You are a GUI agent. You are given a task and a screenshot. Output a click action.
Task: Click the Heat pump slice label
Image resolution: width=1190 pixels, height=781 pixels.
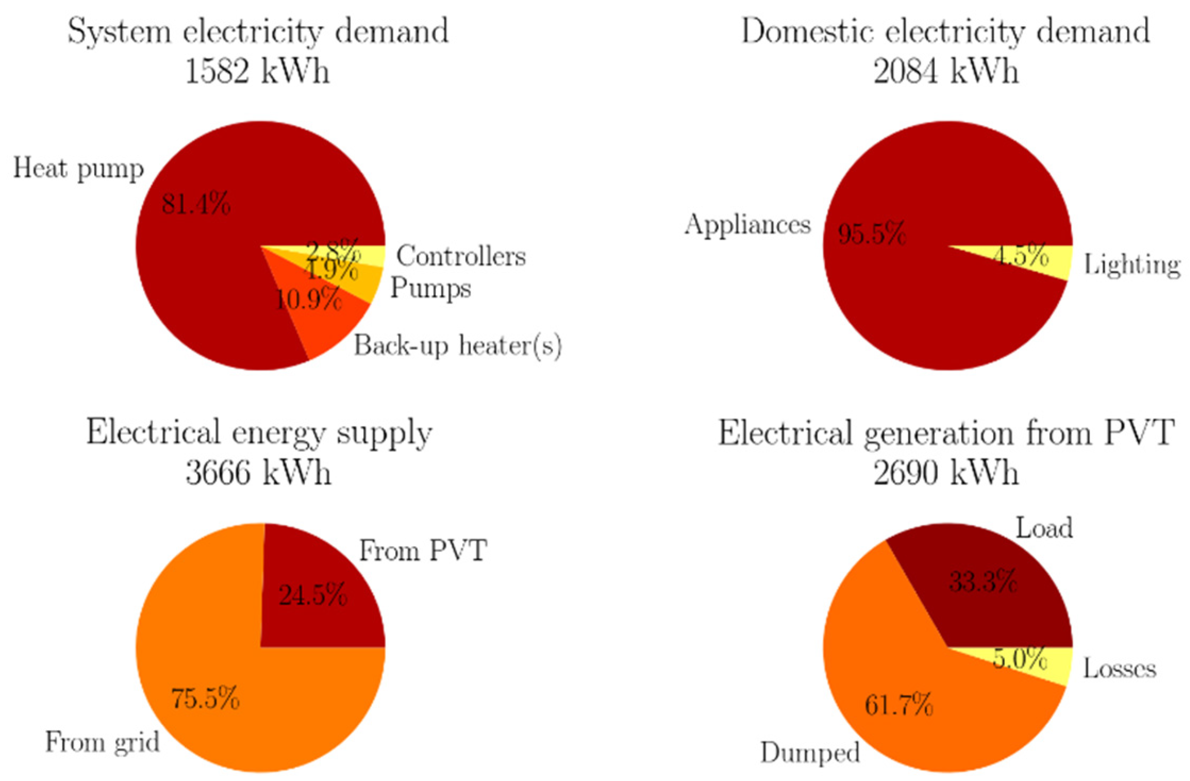pyautogui.click(x=78, y=169)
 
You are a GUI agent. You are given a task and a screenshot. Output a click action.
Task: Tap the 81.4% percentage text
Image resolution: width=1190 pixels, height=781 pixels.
pyautogui.click(x=196, y=204)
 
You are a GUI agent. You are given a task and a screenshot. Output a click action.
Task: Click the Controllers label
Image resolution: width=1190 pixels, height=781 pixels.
pyautogui.click(x=461, y=256)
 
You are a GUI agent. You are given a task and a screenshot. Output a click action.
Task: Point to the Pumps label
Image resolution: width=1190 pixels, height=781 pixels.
pyautogui.click(x=431, y=288)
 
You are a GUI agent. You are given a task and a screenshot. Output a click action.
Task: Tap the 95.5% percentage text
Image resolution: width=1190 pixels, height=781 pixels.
pyautogui.click(x=871, y=234)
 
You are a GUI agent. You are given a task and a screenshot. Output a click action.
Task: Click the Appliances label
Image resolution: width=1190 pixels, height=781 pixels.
pyautogui.click(x=747, y=224)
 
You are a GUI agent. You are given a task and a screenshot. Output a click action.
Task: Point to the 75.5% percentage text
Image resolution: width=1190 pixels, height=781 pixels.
pyautogui.click(x=205, y=698)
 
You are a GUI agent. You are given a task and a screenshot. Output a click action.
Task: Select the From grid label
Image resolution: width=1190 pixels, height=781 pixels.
pyautogui.click(x=102, y=742)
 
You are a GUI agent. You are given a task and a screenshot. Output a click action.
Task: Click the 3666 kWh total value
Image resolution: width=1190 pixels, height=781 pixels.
pyautogui.click(x=258, y=472)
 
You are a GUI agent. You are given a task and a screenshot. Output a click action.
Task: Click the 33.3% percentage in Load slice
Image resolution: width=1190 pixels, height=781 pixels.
pyautogui.click(x=983, y=582)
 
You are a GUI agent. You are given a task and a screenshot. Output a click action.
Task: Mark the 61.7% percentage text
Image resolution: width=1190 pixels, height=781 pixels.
pyautogui.click(x=899, y=706)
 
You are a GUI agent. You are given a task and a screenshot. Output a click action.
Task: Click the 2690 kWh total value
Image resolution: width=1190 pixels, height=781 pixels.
pyautogui.click(x=946, y=472)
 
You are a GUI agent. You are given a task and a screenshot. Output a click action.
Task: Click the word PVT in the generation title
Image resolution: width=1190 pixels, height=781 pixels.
pyautogui.click(x=1141, y=433)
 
